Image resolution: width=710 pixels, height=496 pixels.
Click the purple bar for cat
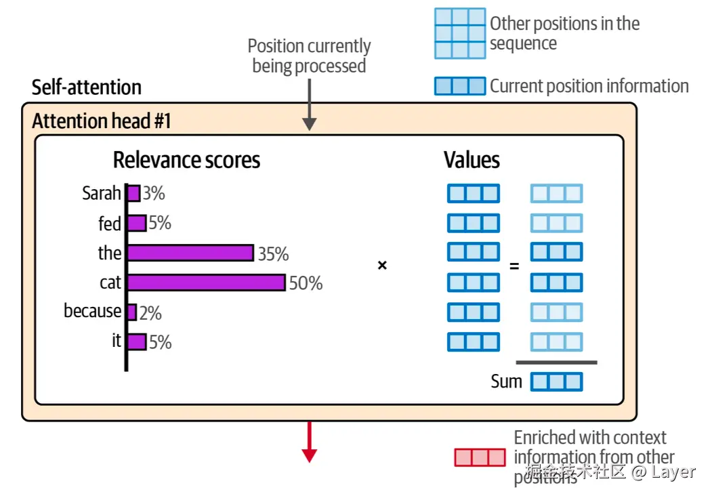click(x=207, y=283)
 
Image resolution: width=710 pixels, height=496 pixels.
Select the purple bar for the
click(x=190, y=253)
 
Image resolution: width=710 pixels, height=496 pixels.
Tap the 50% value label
click(x=306, y=283)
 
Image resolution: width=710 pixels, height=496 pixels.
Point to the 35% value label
click(x=273, y=254)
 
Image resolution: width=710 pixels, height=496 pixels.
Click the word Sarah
click(x=101, y=193)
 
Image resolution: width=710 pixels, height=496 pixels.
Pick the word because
click(x=93, y=311)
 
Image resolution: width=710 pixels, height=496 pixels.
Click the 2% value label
click(x=150, y=313)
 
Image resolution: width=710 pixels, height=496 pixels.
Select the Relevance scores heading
click(x=186, y=160)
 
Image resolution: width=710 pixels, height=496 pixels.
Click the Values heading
click(x=472, y=160)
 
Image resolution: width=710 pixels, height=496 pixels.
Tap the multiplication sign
click(x=382, y=266)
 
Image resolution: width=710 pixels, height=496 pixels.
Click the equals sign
click(x=514, y=266)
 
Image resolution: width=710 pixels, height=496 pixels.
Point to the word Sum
click(x=506, y=381)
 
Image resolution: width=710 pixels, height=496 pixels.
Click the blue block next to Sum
click(x=556, y=382)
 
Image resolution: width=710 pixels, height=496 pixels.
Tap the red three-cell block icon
click(x=480, y=457)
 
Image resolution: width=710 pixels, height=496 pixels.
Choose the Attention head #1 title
click(x=102, y=121)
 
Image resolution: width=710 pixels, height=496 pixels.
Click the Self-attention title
click(x=87, y=87)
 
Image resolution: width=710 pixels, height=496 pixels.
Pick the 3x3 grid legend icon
click(x=460, y=33)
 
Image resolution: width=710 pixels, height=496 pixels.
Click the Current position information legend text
click(x=589, y=86)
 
